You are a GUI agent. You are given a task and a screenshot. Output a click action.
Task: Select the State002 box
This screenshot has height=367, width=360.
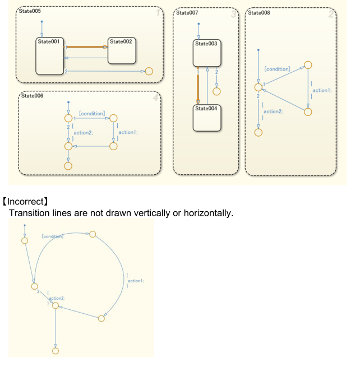click(121, 51)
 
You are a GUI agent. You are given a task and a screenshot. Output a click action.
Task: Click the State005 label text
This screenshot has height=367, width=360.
click(31, 11)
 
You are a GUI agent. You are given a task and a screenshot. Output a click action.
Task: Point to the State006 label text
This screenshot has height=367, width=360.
click(32, 96)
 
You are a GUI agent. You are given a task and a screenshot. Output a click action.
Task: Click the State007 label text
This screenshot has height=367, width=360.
click(188, 12)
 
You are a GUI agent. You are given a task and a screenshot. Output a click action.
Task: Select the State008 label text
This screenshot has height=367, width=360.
click(259, 12)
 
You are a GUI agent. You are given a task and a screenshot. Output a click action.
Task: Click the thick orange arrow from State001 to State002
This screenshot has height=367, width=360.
click(86, 47)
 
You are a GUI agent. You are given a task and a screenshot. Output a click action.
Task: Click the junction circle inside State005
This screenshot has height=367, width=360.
click(149, 71)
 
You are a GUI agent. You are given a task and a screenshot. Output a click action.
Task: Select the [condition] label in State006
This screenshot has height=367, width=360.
click(91, 114)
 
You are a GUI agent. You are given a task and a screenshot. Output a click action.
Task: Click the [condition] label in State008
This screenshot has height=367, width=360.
click(277, 69)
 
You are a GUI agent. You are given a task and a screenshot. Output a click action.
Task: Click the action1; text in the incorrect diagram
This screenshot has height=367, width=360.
click(135, 281)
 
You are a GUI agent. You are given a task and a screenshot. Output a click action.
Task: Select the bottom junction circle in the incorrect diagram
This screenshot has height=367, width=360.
click(55, 351)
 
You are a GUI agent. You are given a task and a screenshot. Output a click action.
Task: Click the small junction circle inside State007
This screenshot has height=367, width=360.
click(216, 91)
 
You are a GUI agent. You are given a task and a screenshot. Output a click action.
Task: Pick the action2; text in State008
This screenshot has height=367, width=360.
click(273, 111)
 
